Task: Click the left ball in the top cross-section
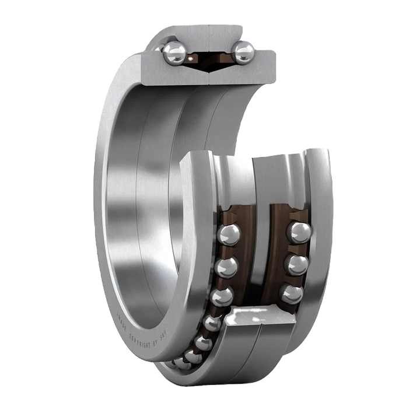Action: click(x=174, y=53)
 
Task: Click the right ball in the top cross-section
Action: click(x=243, y=52)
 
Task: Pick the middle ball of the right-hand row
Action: click(x=297, y=264)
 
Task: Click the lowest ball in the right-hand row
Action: click(x=292, y=293)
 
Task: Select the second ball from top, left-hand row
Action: click(x=226, y=267)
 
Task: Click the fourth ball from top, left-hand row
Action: click(x=213, y=322)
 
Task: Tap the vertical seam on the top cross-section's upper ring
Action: click(x=208, y=38)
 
